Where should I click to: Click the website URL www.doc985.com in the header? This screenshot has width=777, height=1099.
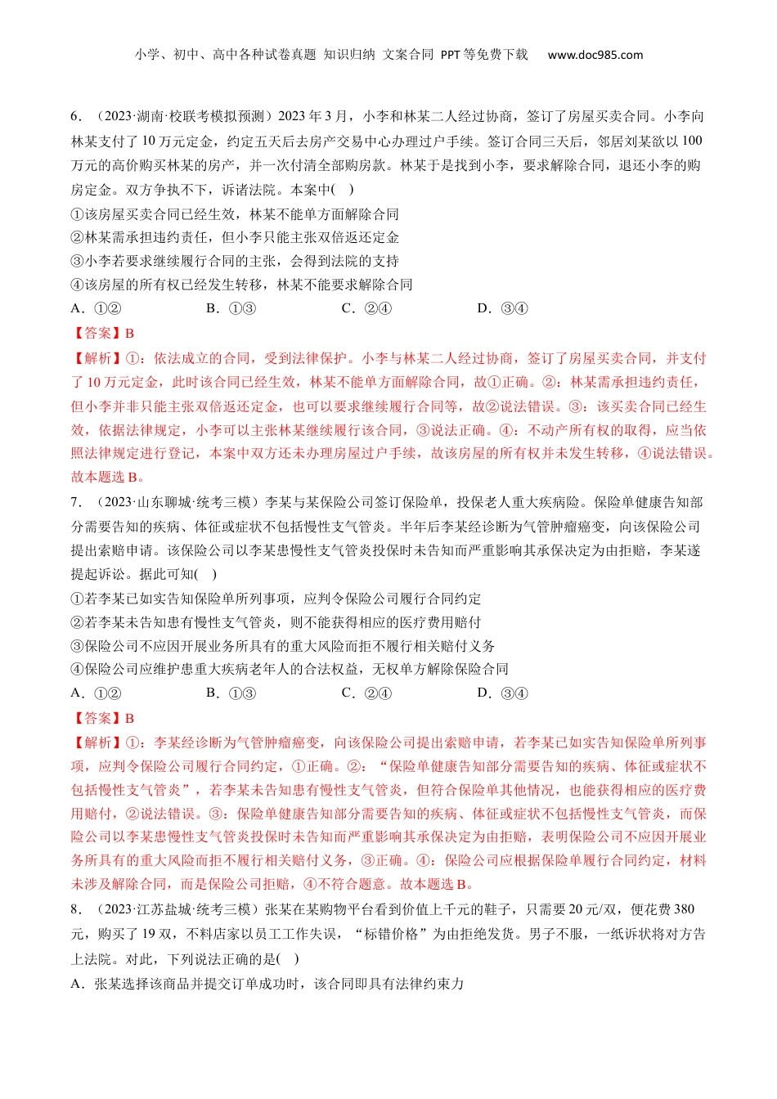tap(595, 55)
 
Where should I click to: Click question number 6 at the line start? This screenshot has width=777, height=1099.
tap(76, 117)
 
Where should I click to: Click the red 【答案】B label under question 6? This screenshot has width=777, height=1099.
tap(103, 333)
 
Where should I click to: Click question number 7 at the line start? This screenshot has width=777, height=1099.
tap(76, 502)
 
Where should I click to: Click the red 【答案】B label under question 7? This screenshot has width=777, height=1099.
tap(103, 718)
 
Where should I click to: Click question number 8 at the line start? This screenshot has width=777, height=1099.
tap(76, 909)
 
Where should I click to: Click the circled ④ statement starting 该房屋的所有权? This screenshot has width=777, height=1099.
tap(241, 285)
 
